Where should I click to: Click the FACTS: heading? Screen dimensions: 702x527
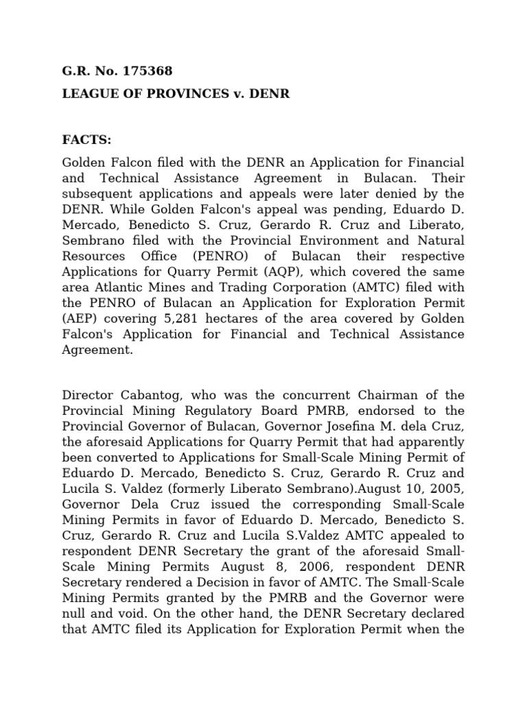pos(86,140)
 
